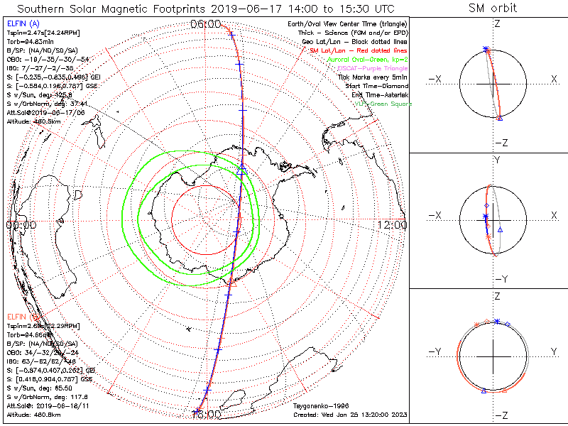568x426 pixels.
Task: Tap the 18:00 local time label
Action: click(207, 414)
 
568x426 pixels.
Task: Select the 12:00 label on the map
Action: click(393, 224)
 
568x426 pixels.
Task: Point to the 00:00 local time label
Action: click(20, 224)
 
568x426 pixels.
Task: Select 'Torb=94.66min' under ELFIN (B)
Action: click(31, 333)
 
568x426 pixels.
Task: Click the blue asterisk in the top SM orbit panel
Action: click(486, 49)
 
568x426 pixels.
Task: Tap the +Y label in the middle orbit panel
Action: click(497, 160)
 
